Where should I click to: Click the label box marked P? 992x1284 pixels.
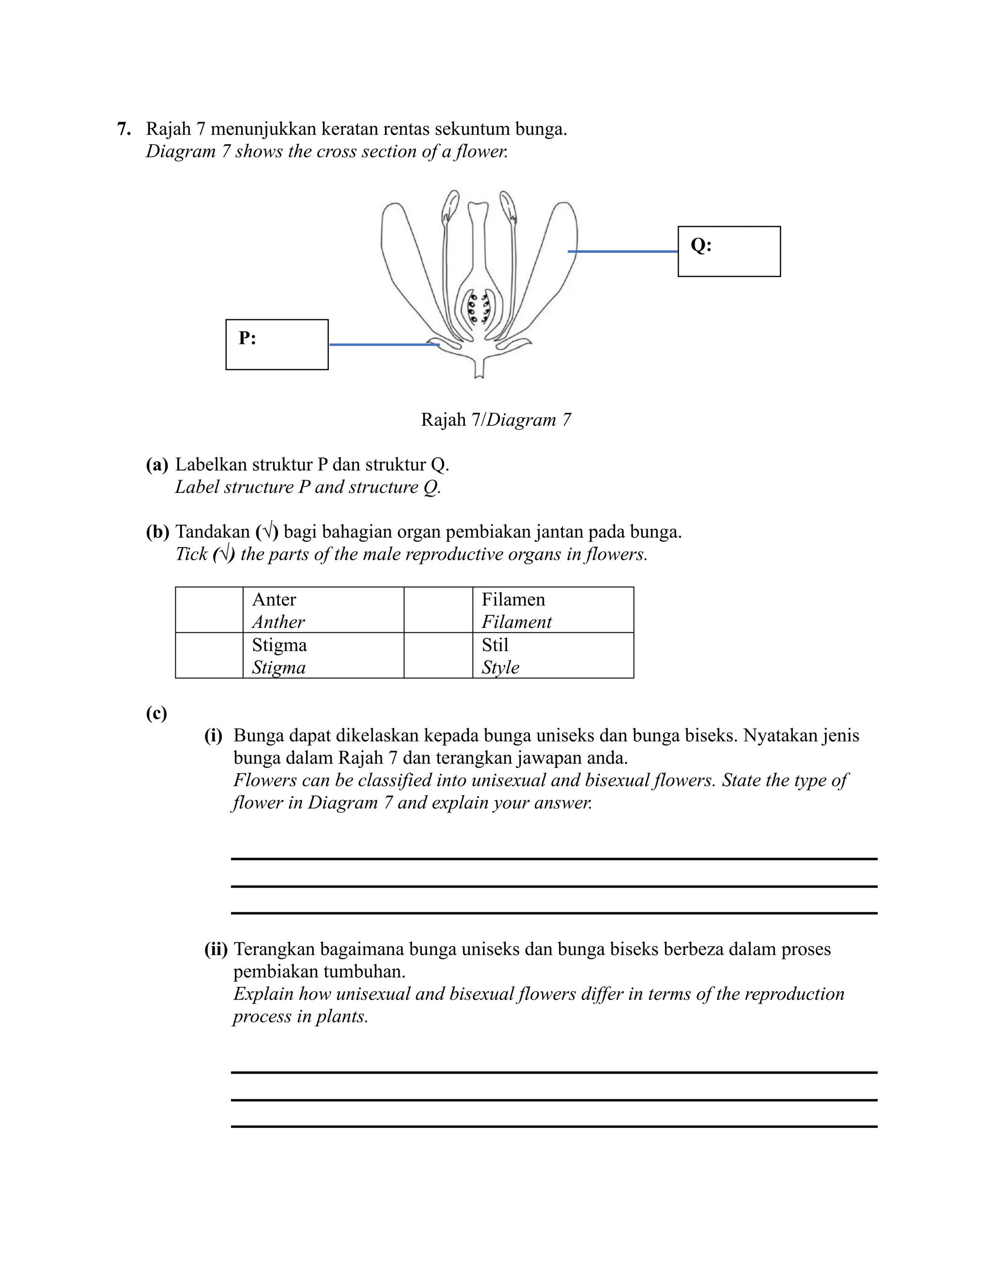tap(277, 344)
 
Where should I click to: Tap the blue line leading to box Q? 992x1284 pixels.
tap(623, 251)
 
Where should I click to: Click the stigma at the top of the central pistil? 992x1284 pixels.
tap(479, 208)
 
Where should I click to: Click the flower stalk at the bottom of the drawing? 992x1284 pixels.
tap(479, 367)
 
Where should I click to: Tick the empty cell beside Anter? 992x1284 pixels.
tap(209, 610)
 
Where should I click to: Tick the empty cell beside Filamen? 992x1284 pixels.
tap(438, 610)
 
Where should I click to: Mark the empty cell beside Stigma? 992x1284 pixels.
tap(209, 656)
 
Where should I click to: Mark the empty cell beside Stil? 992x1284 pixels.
tap(438, 656)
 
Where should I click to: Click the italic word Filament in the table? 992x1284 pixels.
tap(516, 622)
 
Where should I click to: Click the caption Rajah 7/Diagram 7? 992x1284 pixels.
tap(496, 420)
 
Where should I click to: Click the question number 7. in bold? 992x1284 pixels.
tap(124, 129)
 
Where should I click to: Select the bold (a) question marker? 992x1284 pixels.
tap(157, 465)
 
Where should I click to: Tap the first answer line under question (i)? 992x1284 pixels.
tap(554, 859)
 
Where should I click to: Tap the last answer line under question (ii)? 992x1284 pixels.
tap(554, 1127)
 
